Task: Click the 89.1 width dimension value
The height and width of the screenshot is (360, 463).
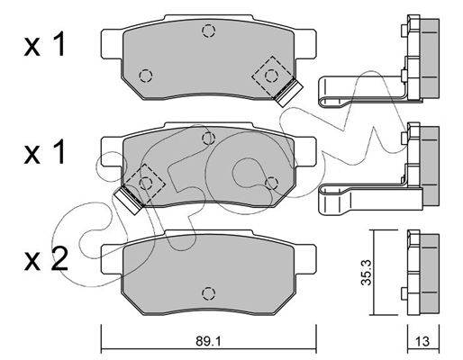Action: (x=208, y=341)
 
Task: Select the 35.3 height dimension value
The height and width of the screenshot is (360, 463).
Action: (x=367, y=273)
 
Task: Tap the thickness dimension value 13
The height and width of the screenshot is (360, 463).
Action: (x=422, y=341)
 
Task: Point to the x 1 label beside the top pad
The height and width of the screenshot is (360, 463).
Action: (x=44, y=45)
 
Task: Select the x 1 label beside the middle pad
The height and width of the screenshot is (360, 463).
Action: (x=44, y=152)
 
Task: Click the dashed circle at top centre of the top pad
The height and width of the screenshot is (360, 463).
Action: (x=208, y=31)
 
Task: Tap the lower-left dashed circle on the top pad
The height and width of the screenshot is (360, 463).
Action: (x=146, y=76)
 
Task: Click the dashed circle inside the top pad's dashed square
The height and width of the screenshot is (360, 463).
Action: (x=271, y=76)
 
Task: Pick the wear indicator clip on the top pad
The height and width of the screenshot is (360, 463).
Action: (x=289, y=93)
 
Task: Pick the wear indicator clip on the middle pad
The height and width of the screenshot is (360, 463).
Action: (x=128, y=200)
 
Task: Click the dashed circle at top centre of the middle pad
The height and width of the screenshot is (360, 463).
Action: (x=208, y=139)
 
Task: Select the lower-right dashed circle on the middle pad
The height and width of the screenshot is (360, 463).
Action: (x=271, y=183)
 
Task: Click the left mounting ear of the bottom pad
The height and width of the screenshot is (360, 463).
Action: (x=112, y=259)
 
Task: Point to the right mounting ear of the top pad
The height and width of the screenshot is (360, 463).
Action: (x=304, y=44)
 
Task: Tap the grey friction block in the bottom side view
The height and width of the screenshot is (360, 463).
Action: (x=430, y=274)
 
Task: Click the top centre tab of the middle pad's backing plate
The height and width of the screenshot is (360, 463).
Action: (x=209, y=125)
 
